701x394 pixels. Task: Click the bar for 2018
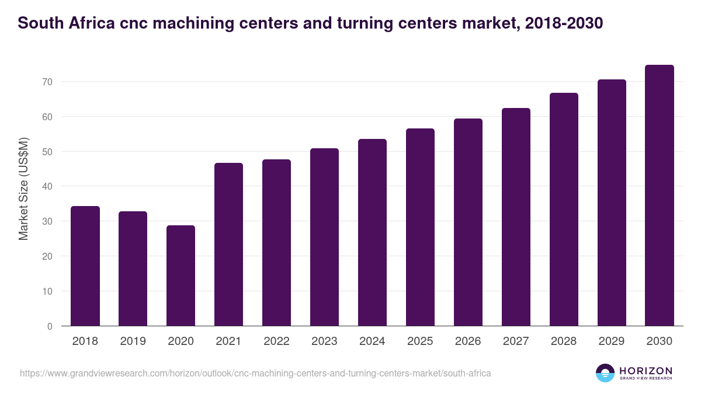point(85,266)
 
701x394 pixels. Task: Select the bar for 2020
point(181,276)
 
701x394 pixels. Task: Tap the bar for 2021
point(228,245)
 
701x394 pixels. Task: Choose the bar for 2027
point(516,217)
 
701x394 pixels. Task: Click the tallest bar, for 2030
point(660,196)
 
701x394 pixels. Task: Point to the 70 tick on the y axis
point(47,82)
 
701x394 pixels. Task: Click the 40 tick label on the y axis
point(47,187)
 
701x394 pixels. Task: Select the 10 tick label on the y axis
point(47,291)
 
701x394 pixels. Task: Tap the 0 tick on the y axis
point(50,326)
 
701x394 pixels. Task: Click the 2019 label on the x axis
point(133,341)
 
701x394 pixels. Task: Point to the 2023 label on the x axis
point(324,341)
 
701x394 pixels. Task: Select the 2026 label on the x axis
point(468,341)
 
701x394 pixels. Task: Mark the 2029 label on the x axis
point(612,341)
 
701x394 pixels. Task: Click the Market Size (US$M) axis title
point(23,188)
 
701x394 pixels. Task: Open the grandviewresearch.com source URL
point(255,373)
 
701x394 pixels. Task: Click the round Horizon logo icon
point(605,373)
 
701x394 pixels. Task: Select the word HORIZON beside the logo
point(646,371)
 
